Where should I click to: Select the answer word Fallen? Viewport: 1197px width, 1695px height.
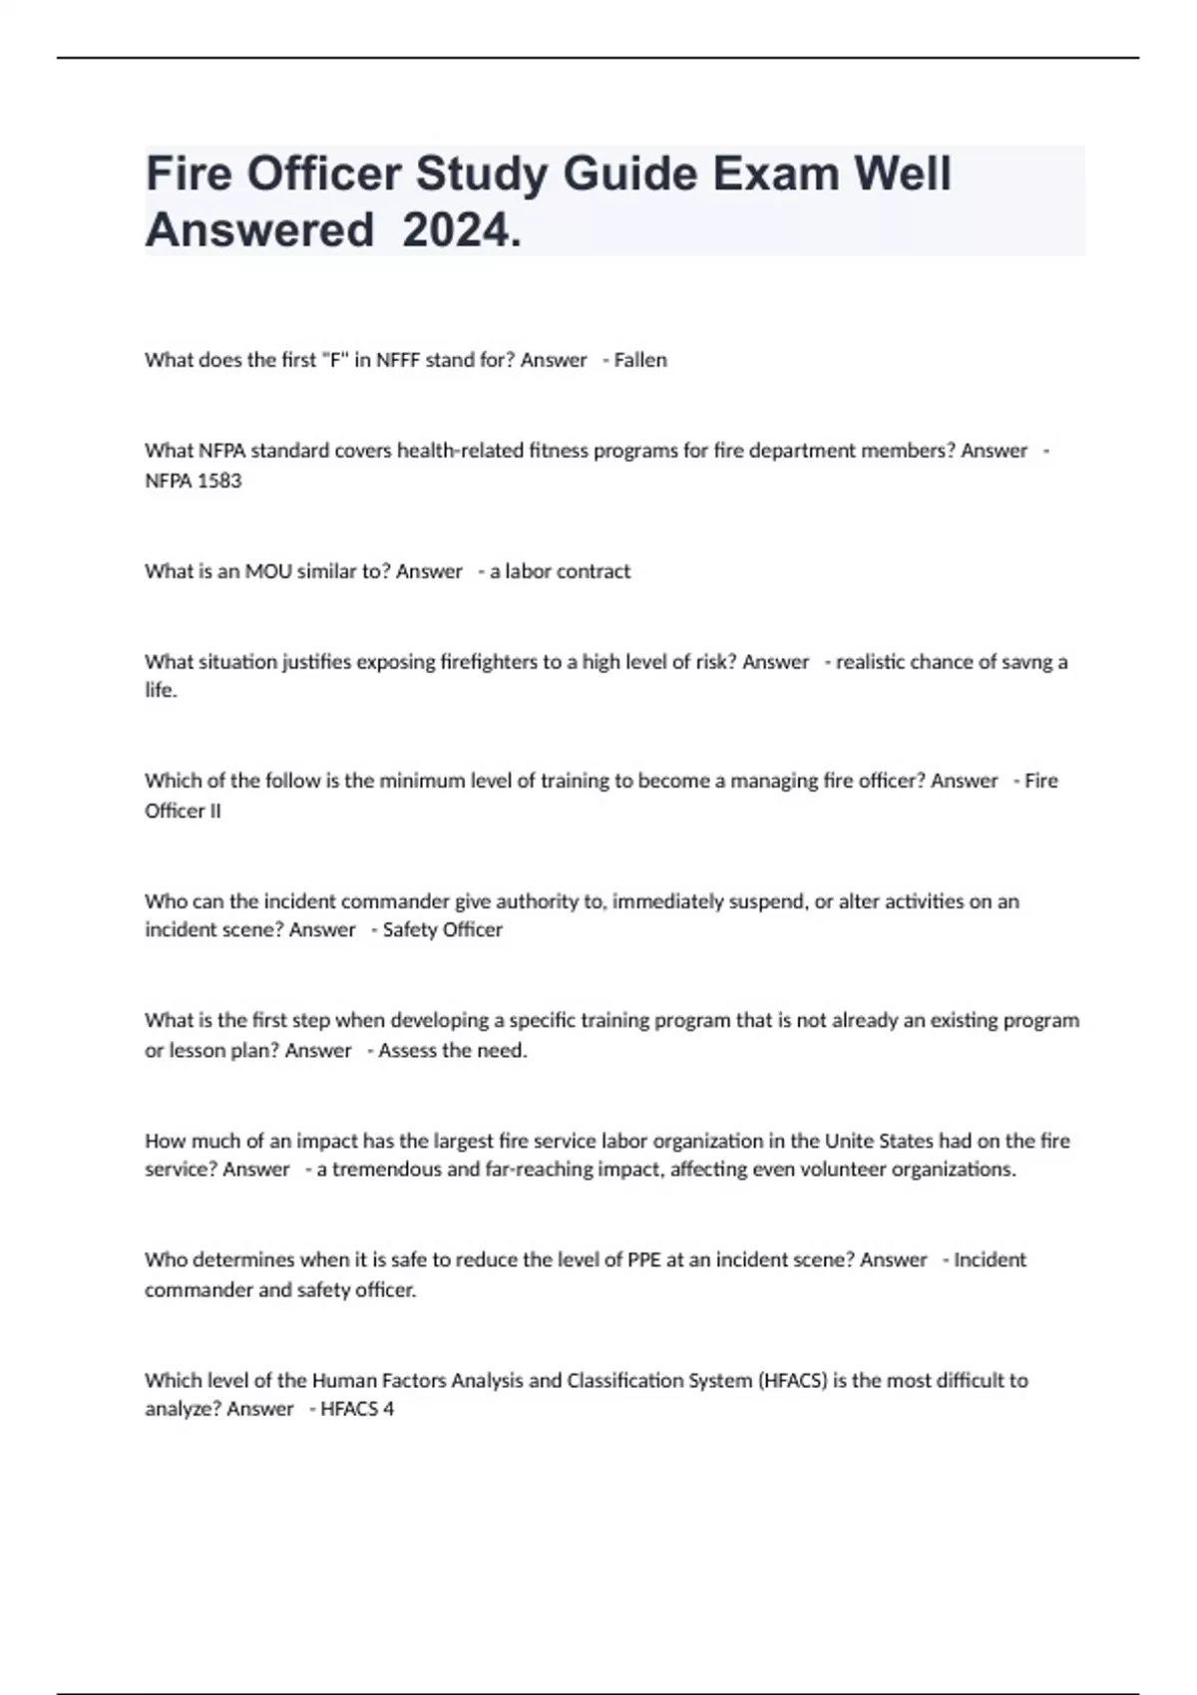(640, 360)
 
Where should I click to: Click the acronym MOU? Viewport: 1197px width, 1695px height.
(266, 571)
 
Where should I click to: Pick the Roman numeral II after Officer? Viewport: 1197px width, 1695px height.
(213, 811)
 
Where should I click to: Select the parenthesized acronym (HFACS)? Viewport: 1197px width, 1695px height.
(793, 1381)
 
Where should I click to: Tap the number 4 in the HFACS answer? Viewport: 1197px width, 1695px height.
(389, 1410)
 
